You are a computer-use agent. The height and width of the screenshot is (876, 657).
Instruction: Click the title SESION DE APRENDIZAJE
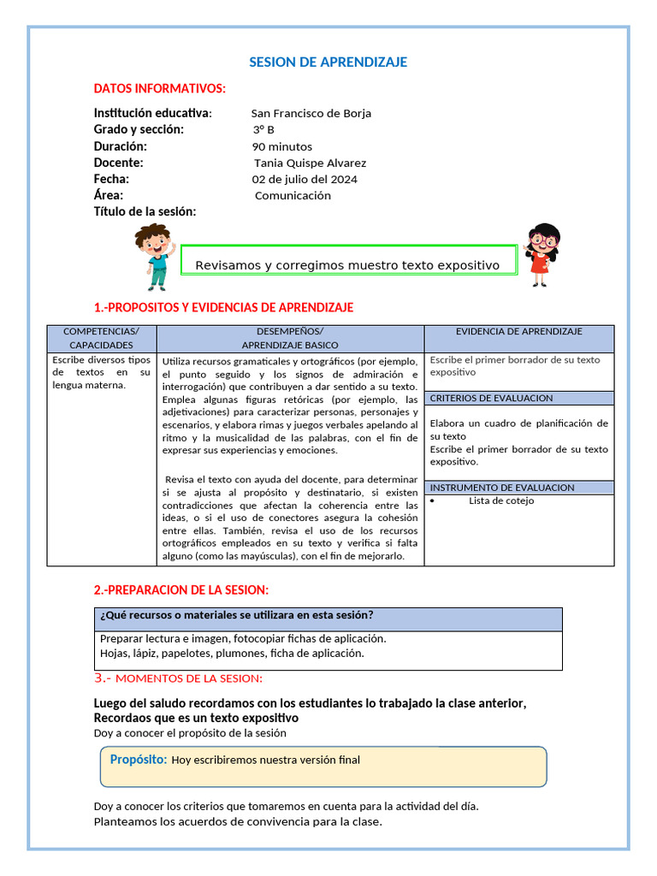point(328,62)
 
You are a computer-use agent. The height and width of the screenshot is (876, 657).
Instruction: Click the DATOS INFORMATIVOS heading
point(160,88)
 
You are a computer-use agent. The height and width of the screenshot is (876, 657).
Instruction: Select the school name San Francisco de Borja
point(311,113)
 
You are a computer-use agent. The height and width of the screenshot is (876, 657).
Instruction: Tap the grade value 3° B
point(263,129)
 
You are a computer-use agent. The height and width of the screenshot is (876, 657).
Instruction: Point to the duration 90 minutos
point(282,146)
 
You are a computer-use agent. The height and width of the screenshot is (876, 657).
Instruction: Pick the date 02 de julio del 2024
point(305,179)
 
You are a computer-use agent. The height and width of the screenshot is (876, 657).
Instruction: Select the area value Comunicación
point(293,195)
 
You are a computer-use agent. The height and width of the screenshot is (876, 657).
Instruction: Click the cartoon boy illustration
point(154,255)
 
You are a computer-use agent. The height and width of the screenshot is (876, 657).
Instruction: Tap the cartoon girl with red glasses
point(542,254)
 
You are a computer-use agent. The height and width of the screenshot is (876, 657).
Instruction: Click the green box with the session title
point(349,262)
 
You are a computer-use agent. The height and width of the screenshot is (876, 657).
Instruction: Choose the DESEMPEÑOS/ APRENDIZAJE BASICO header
point(290,338)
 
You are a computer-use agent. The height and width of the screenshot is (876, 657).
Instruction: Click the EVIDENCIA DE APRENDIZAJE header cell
point(519,331)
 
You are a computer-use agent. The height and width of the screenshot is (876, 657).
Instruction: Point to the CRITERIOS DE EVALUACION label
point(492,398)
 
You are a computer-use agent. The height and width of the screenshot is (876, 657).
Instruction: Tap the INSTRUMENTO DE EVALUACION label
point(502,488)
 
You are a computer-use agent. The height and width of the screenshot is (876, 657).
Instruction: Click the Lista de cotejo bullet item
point(501,500)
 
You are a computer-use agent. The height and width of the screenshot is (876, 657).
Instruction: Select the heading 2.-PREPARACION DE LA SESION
point(181,589)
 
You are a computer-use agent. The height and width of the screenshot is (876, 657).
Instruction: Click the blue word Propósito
point(139,759)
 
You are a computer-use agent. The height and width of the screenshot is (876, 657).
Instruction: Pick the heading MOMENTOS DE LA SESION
point(188,678)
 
